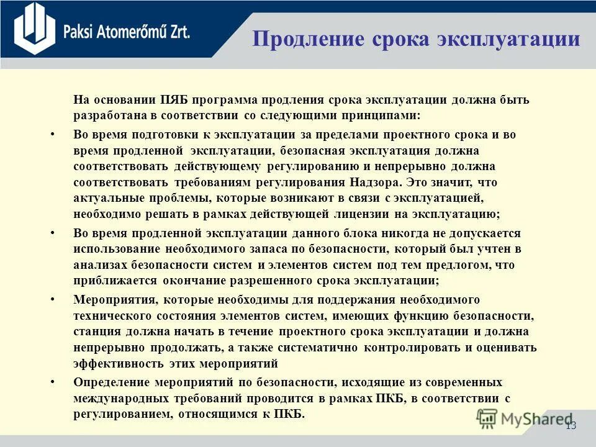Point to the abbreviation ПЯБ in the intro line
174,100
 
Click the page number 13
571,425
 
